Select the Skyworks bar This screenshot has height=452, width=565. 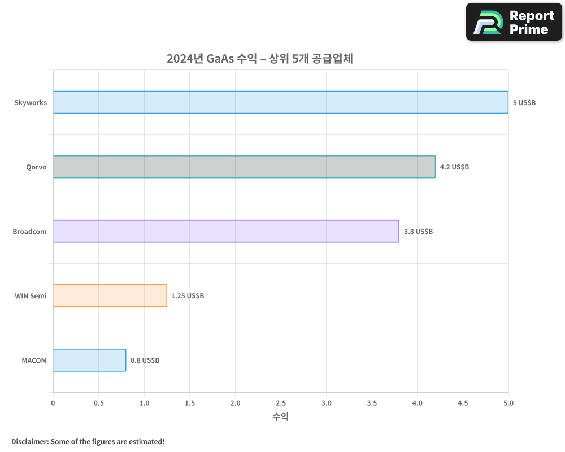click(x=281, y=102)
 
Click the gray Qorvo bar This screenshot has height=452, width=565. click(x=244, y=167)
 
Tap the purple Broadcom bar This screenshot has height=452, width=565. click(x=226, y=231)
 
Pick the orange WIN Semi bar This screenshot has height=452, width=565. click(x=110, y=295)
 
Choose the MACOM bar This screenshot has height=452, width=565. click(x=89, y=360)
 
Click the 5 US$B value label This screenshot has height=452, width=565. click(x=524, y=103)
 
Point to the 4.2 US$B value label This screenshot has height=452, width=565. click(x=454, y=167)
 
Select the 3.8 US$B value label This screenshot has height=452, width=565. click(x=418, y=232)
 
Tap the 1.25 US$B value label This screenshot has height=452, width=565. click(x=188, y=296)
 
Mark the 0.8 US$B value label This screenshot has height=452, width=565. click(x=145, y=360)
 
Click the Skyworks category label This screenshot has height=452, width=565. click(x=31, y=103)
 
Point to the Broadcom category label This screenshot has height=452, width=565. click(x=29, y=232)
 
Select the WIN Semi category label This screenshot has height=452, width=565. click(x=31, y=296)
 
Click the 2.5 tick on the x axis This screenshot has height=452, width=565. click(x=281, y=403)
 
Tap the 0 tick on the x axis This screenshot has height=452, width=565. click(x=53, y=403)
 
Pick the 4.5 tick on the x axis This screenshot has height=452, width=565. click(x=463, y=403)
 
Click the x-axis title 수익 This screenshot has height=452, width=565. click(x=281, y=417)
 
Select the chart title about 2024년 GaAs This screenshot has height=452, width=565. click(x=259, y=59)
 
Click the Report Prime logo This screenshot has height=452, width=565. click(x=514, y=22)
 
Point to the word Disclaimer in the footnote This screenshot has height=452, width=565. click(x=29, y=441)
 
